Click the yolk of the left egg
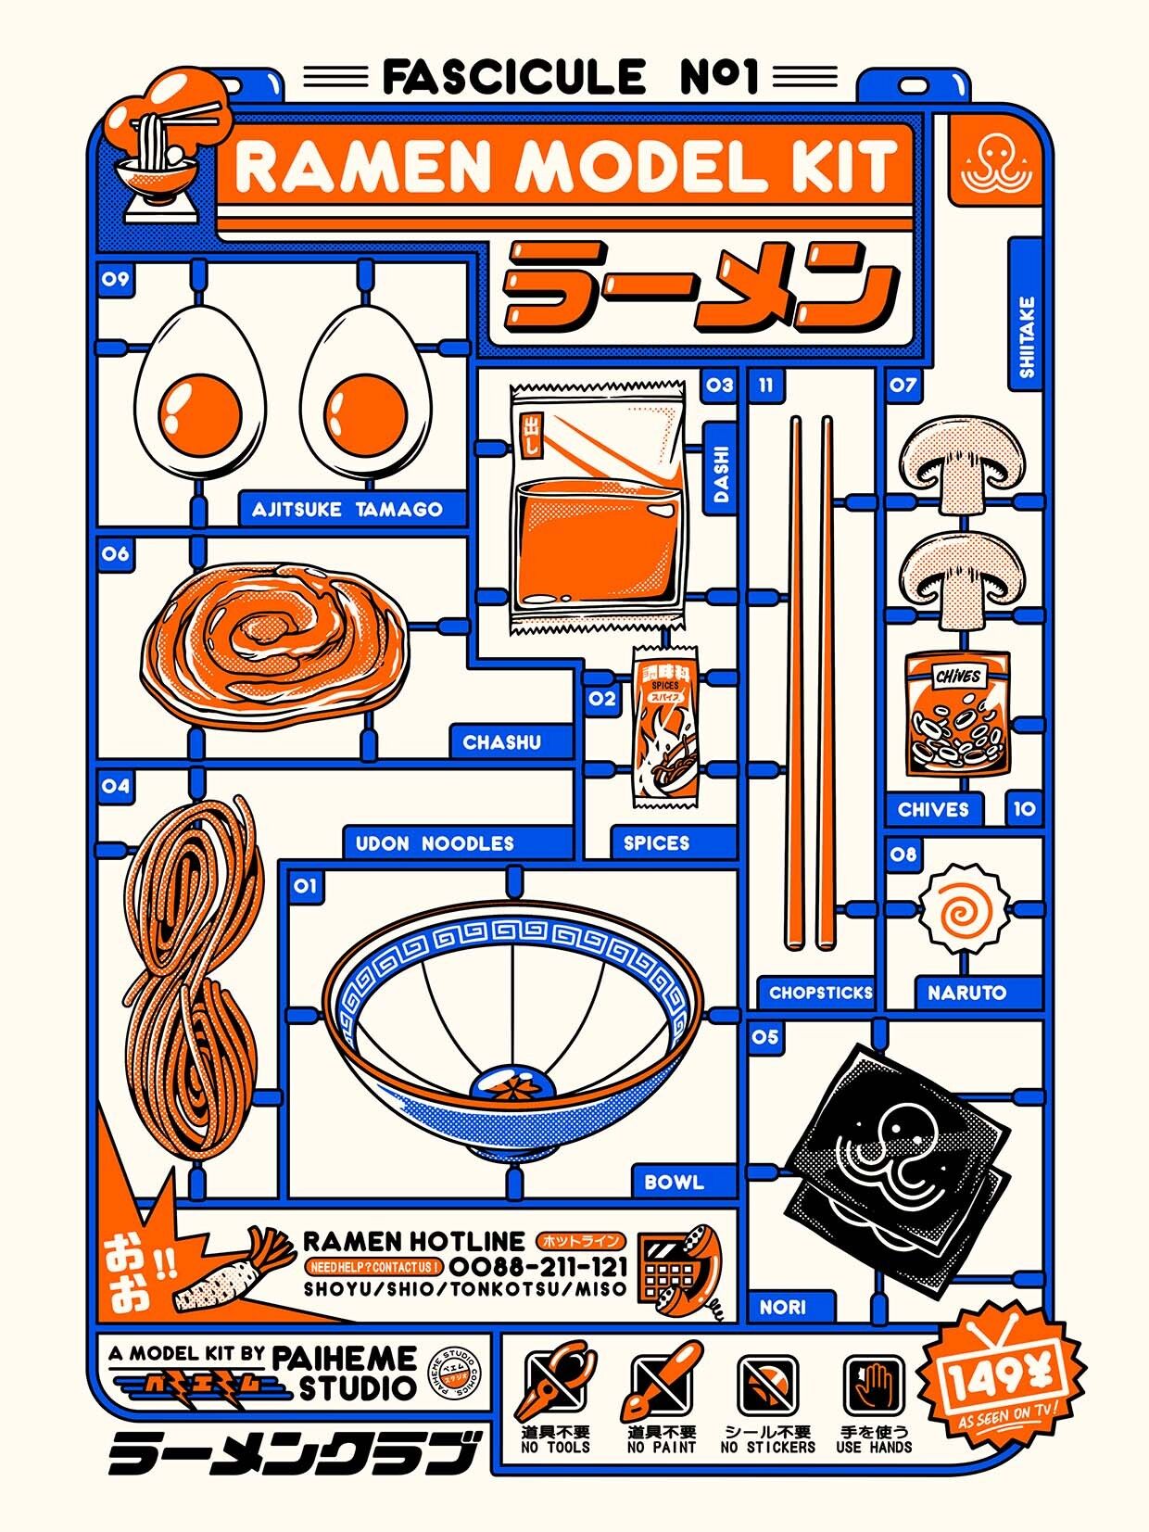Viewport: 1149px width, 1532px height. [x=199, y=411]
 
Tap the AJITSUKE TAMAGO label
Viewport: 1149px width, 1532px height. [x=347, y=509]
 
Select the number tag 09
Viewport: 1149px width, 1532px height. [x=115, y=279]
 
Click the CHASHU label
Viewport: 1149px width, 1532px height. [x=501, y=742]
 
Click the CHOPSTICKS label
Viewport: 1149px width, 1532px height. [x=820, y=993]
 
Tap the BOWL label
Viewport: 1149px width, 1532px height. [x=674, y=1183]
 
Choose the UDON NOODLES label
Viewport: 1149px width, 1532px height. [x=435, y=843]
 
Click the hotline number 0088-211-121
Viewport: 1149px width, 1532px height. [x=538, y=1266]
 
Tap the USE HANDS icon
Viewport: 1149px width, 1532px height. [x=874, y=1386]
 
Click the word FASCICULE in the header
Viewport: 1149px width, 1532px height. [x=513, y=77]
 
